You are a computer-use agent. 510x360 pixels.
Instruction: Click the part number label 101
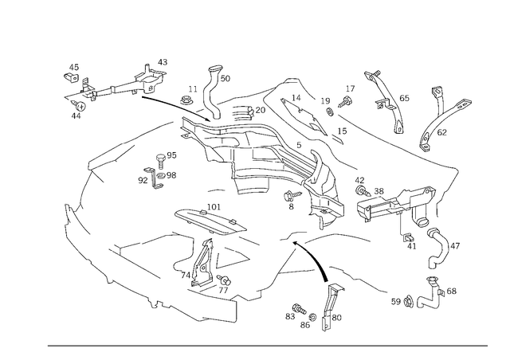[x=214, y=207]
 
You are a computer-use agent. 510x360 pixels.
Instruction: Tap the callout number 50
[x=225, y=78]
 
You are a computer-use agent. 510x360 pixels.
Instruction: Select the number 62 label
[x=441, y=132]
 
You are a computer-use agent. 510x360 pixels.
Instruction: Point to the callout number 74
[x=186, y=276]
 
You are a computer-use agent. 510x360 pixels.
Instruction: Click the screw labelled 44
[x=80, y=106]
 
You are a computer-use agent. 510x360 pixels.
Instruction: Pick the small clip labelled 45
[x=71, y=77]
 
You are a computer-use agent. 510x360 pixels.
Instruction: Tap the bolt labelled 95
[x=161, y=161]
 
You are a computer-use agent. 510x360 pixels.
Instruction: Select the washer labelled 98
[x=161, y=176]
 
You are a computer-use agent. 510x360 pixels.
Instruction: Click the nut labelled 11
[x=186, y=100]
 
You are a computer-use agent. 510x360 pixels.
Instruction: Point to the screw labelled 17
[x=345, y=101]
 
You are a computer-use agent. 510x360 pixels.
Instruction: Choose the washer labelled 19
[x=330, y=112]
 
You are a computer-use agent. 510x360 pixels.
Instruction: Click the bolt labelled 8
[x=292, y=196]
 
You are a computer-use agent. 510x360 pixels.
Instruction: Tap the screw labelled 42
[x=363, y=191]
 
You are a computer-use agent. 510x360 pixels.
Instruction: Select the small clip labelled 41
[x=407, y=237]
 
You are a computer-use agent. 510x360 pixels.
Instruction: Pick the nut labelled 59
[x=408, y=302]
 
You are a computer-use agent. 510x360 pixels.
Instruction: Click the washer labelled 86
[x=313, y=317]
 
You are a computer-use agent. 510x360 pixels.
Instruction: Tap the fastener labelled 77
[x=225, y=280]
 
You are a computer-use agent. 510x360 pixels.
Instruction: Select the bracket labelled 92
[x=152, y=178]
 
